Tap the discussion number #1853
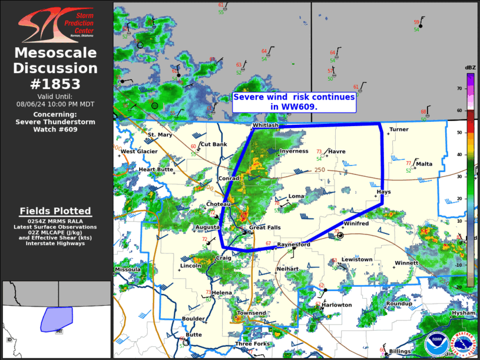point(56,84)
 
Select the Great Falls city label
point(264,227)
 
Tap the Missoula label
point(128,269)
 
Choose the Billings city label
point(399,351)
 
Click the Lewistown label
point(357,259)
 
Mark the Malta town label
point(424,164)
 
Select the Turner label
point(399,129)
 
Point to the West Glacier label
point(139,151)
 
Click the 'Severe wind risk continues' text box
point(294,101)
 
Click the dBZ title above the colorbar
point(471,67)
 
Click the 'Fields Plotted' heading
point(55,211)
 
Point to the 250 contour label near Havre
point(320,170)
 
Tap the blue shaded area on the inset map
point(56,319)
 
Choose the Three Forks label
point(252,344)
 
